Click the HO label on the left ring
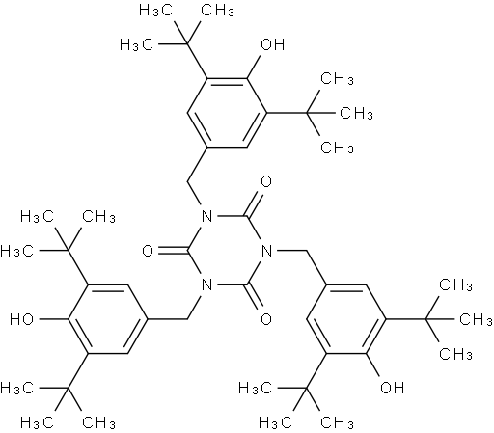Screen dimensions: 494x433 21,319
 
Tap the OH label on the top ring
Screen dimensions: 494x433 272,44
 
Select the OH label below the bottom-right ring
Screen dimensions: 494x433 392,388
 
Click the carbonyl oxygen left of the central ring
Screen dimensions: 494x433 148,251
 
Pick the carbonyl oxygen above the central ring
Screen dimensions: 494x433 266,182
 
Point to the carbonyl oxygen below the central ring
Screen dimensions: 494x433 266,319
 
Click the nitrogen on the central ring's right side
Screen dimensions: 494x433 266,251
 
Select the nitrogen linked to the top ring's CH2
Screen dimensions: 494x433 206,216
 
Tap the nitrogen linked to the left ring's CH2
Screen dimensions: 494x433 206,285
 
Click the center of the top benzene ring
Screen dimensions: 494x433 227,113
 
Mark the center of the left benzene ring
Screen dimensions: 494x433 108,319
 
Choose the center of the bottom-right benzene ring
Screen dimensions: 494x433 346,319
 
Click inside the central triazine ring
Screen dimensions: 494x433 227,251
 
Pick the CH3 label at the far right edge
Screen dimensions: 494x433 476,319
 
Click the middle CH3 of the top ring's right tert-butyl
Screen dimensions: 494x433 356,114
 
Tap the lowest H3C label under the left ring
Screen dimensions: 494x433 37,422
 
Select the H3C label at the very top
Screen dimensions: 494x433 155,11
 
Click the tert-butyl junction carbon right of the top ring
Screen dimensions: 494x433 306,113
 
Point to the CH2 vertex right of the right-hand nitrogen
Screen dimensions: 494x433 306,251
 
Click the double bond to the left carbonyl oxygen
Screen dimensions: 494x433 173,251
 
